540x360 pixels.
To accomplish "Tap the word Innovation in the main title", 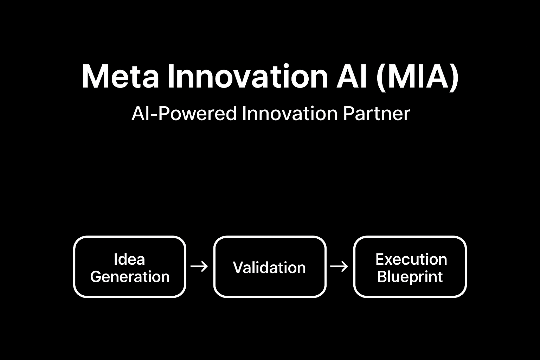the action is pos(248,76).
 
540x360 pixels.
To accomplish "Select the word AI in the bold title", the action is pos(352,76).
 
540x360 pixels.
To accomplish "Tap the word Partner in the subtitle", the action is pos(377,114).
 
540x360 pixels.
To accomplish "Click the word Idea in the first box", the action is pos(129,259).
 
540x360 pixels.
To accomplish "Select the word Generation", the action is pos(130,277).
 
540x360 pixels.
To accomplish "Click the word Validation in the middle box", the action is pos(269,268).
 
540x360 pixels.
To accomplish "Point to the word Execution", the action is pos(411,259).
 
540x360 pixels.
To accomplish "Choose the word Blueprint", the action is pos(410,277).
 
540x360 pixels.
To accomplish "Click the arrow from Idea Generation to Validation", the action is pos(199,266).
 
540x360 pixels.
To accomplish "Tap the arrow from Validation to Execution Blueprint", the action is pos(339,266).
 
